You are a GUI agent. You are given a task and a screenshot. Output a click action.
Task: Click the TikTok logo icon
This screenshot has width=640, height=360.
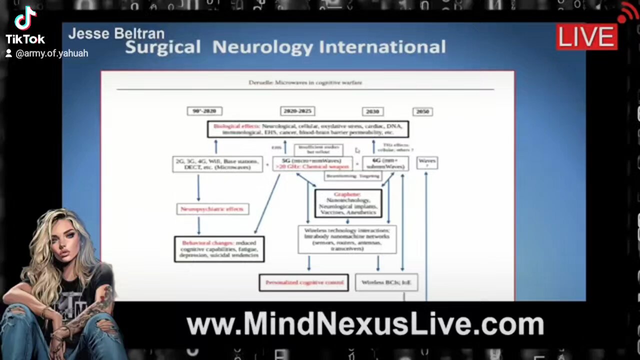tap(25, 18)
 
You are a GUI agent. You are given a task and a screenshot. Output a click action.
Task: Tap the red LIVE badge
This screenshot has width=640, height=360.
tap(586, 37)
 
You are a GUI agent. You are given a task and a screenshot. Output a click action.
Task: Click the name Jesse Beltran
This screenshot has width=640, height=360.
tap(116, 33)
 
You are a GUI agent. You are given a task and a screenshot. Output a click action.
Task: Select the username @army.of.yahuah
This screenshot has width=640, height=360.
tap(51, 53)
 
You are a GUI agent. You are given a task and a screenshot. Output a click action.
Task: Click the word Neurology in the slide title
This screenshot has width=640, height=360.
tap(263, 47)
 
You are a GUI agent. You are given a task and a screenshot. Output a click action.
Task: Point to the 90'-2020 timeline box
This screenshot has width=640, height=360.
tap(204, 111)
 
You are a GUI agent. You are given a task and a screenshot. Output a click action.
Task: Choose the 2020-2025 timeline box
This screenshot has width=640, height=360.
tap(297, 111)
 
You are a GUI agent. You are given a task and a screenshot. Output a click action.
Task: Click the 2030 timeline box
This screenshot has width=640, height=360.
tap(372, 111)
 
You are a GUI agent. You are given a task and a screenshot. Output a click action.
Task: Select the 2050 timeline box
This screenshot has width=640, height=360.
tap(422, 111)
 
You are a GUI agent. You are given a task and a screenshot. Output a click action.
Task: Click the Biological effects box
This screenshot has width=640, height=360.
tap(308, 129)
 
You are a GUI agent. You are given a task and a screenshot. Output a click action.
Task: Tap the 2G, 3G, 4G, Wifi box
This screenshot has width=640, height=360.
tap(217, 164)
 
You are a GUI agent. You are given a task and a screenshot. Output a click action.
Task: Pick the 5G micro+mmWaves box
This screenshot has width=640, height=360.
tap(312, 163)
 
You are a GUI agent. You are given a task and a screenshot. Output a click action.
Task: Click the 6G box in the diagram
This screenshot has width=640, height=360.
tap(385, 163)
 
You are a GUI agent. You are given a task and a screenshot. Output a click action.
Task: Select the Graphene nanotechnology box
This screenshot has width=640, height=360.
tap(348, 203)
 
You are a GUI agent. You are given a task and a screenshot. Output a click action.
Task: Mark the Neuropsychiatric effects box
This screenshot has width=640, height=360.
tap(212, 209)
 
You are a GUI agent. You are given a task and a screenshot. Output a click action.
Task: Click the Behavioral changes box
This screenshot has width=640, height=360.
tap(219, 249)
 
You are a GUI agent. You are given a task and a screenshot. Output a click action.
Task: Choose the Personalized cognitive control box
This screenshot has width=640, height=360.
tap(303, 282)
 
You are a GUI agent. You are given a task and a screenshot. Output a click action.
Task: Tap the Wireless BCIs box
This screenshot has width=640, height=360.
tap(386, 282)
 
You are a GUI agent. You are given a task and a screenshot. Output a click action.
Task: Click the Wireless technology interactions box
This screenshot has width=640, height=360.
tap(347, 239)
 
